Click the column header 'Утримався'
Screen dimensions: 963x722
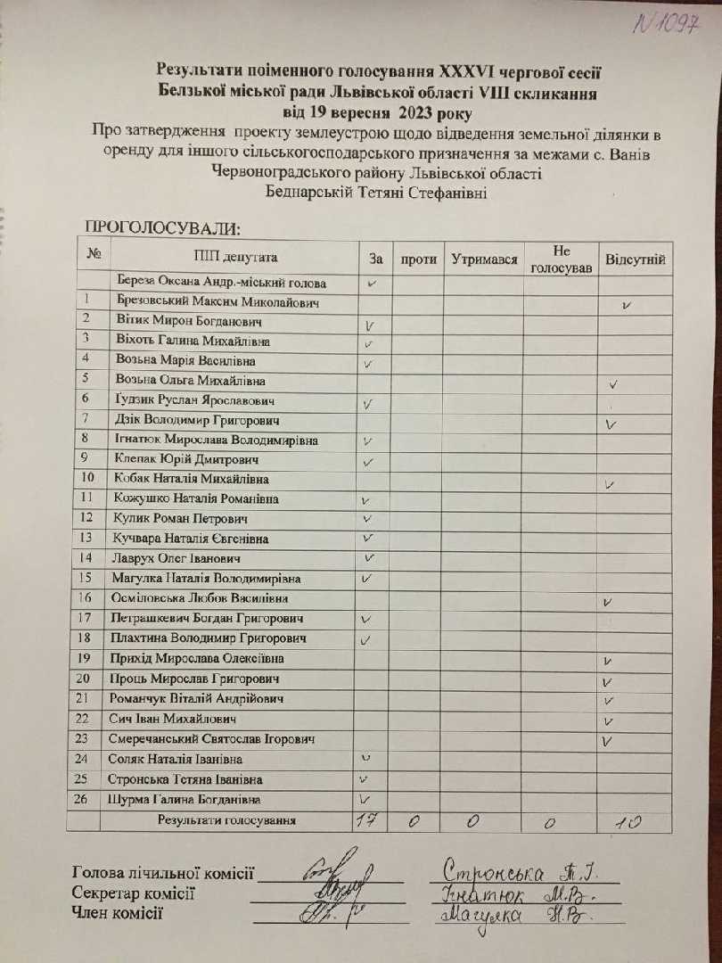click(485, 259)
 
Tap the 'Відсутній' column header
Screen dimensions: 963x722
click(635, 259)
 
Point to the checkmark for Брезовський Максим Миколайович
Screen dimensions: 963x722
click(628, 305)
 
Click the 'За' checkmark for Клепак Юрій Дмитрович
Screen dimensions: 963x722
click(367, 462)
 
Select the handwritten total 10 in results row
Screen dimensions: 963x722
click(629, 822)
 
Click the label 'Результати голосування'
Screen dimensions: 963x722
click(226, 820)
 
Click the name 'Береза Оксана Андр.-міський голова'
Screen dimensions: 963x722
click(209, 284)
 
